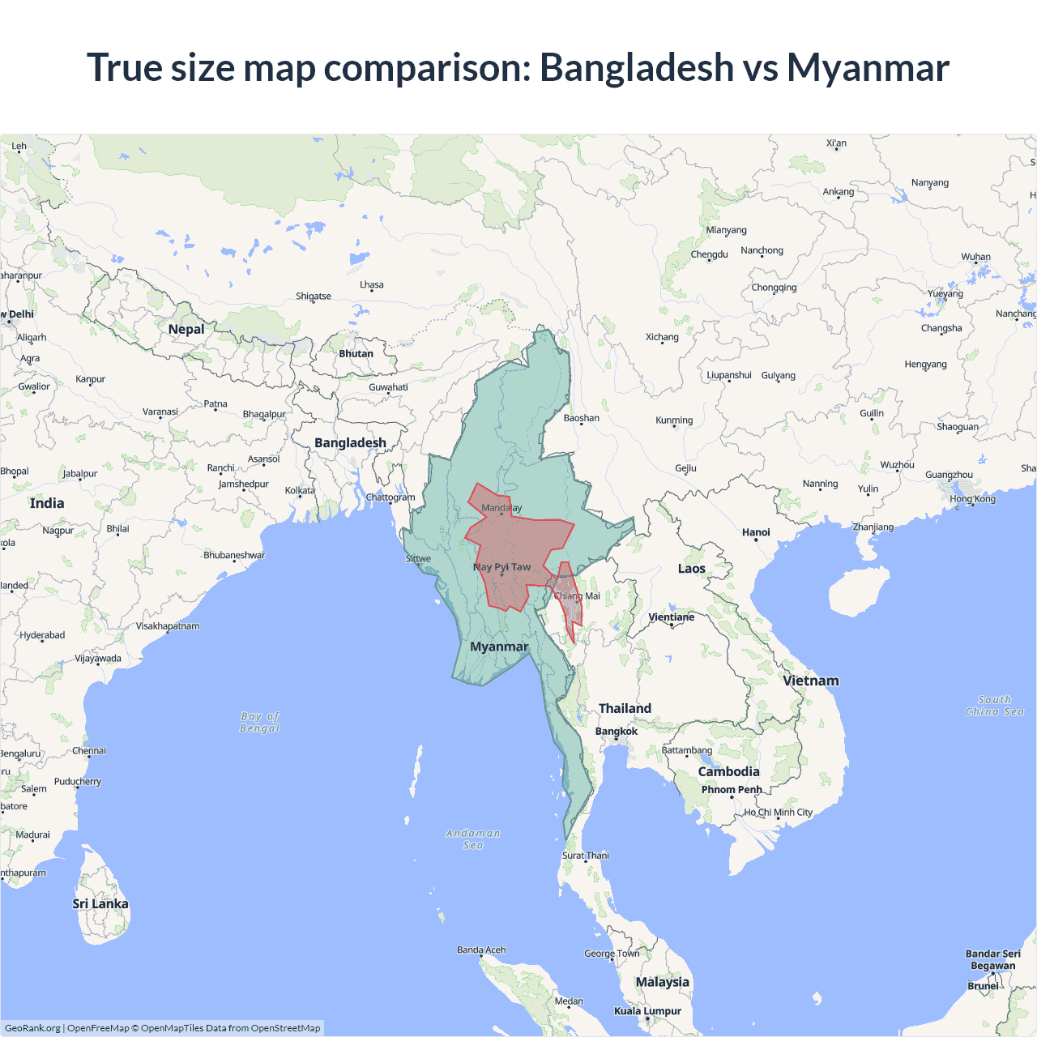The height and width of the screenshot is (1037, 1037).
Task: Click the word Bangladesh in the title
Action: pos(636,67)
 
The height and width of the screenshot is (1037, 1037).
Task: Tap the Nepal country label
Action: pos(186,329)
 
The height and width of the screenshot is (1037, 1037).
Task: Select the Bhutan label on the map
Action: pos(356,353)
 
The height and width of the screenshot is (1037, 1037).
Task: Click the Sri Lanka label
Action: pos(100,903)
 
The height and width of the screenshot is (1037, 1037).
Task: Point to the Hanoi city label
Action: pos(756,532)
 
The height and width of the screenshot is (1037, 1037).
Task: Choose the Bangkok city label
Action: pos(617,731)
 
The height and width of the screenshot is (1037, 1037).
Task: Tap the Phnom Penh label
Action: pos(732,789)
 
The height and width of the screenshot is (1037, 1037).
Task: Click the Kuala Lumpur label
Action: pos(647,1010)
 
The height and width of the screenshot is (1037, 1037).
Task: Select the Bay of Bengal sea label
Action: pos(260,722)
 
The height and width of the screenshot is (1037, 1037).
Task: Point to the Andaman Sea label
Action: pos(473,839)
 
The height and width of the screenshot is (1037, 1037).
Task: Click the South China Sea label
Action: pos(995,705)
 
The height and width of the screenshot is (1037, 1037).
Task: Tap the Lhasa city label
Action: pos(372,284)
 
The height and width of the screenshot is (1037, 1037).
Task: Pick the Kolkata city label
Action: pos(300,490)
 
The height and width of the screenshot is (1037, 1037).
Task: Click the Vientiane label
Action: pos(672,617)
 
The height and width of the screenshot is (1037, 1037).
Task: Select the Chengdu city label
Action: pos(709,254)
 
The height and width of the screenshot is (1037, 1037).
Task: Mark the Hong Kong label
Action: pos(973,498)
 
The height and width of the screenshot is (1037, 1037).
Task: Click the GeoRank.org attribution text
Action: pos(32,1028)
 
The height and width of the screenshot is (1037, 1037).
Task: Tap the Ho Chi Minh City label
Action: pos(778,812)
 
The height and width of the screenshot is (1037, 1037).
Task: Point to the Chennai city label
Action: pos(89,750)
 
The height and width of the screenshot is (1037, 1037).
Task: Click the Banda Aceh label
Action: pos(481,950)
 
